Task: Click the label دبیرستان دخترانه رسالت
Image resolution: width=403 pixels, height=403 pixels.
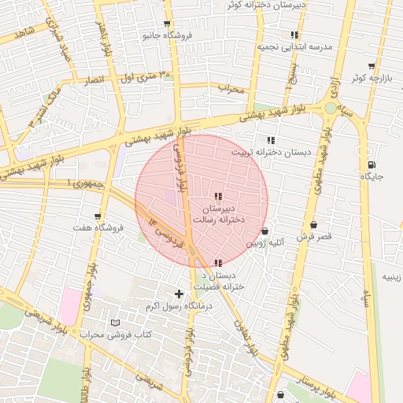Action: coord(224,213)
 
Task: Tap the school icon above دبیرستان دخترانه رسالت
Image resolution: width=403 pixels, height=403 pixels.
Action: coord(218,196)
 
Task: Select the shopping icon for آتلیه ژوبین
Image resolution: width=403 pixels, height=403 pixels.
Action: coord(264,231)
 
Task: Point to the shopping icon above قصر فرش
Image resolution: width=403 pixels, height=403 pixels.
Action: coord(313,225)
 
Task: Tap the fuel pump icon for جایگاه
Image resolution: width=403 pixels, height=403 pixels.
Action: coord(371,165)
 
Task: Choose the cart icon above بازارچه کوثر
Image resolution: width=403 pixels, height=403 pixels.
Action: coord(371,66)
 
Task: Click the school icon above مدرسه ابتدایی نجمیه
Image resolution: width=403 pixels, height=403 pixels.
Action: coord(294,35)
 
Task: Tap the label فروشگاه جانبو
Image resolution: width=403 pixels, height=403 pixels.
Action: coord(166,35)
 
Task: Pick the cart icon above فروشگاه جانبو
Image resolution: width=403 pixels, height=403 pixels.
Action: coord(166,24)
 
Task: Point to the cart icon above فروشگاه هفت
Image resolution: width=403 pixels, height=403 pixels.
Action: coord(98,216)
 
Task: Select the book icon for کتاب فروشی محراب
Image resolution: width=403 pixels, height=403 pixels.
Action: coord(116,323)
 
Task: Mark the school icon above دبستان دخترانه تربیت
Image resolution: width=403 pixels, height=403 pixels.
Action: coord(271,140)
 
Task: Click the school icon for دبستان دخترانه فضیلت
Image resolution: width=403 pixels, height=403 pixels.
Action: coord(218,263)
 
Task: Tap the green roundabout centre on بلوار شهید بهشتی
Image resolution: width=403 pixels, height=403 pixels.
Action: coord(329,107)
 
